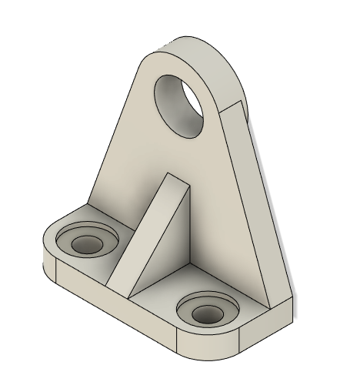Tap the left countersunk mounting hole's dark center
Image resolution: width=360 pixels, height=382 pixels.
(87, 245)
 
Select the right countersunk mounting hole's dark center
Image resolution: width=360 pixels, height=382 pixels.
(206, 313)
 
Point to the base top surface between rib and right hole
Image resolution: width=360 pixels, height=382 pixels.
(177, 285)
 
